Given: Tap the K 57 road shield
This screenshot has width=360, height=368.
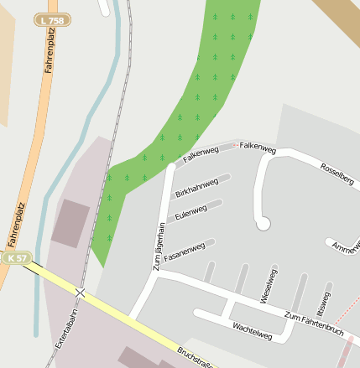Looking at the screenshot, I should click(x=17, y=258).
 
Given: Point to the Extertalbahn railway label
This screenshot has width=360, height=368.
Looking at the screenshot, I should click(x=65, y=330).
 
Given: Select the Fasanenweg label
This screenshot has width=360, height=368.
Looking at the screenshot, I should click(x=185, y=249).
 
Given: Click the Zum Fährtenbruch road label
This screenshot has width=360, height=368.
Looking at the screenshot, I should click(x=314, y=324).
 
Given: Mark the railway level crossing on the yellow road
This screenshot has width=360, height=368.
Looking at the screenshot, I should click(x=81, y=293).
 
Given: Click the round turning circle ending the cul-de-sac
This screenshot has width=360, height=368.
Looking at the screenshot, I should click(x=263, y=223).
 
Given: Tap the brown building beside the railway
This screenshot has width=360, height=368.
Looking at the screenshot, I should click(x=70, y=223).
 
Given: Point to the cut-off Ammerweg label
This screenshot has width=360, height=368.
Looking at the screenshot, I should click(x=345, y=247).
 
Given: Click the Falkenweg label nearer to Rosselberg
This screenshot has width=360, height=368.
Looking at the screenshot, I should click(x=258, y=148).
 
